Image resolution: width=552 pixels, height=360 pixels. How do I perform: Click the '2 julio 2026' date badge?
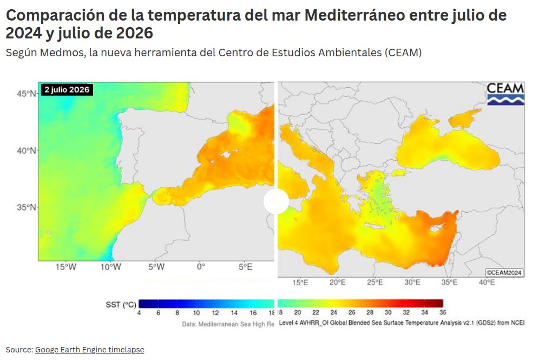click(x=67, y=90)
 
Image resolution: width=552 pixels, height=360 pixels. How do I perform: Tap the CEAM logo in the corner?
click(x=505, y=94)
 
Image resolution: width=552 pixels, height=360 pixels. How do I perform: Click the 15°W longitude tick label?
click(x=66, y=267)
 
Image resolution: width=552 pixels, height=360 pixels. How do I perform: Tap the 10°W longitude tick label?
click(x=110, y=267)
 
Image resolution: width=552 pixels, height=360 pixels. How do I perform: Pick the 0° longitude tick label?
click(x=201, y=267)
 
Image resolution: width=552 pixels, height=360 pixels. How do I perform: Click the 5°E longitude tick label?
click(x=245, y=267)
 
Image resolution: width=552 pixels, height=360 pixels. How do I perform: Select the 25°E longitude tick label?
click(x=375, y=283)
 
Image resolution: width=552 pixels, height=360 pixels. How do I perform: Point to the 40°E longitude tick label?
click(x=487, y=283)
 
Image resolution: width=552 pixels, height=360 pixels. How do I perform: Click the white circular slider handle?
click(x=277, y=201)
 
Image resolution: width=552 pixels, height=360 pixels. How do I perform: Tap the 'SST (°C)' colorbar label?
click(x=121, y=304)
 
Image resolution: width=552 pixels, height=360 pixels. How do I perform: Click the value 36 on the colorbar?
click(x=443, y=312)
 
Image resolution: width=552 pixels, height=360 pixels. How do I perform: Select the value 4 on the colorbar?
click(x=139, y=313)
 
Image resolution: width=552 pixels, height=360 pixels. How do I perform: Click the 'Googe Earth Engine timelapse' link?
click(x=89, y=350)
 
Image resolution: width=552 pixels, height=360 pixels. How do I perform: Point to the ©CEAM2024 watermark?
click(x=504, y=273)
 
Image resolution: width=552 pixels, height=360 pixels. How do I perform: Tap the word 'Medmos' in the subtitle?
click(x=63, y=53)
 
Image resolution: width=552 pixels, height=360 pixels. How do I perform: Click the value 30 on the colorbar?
click(x=388, y=312)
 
